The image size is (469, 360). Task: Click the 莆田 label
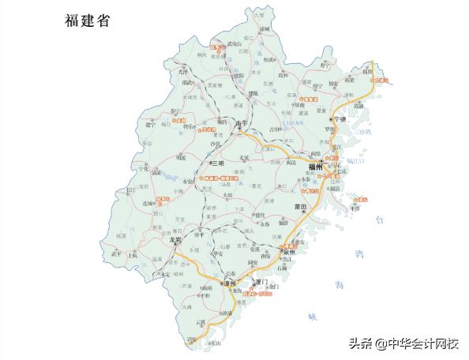298,206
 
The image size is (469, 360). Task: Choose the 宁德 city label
340,118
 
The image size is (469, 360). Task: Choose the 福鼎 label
367,72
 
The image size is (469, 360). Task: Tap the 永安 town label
189,182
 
